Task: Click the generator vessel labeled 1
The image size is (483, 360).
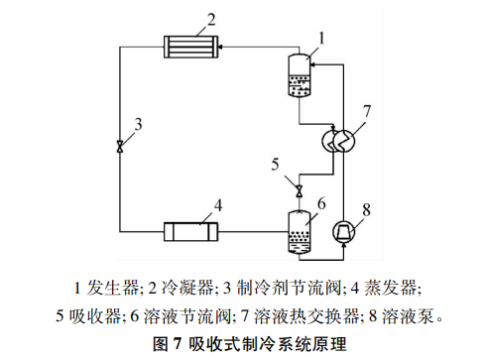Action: click(299, 76)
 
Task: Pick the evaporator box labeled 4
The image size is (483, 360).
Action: click(190, 233)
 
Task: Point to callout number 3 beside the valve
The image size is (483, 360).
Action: click(139, 124)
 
